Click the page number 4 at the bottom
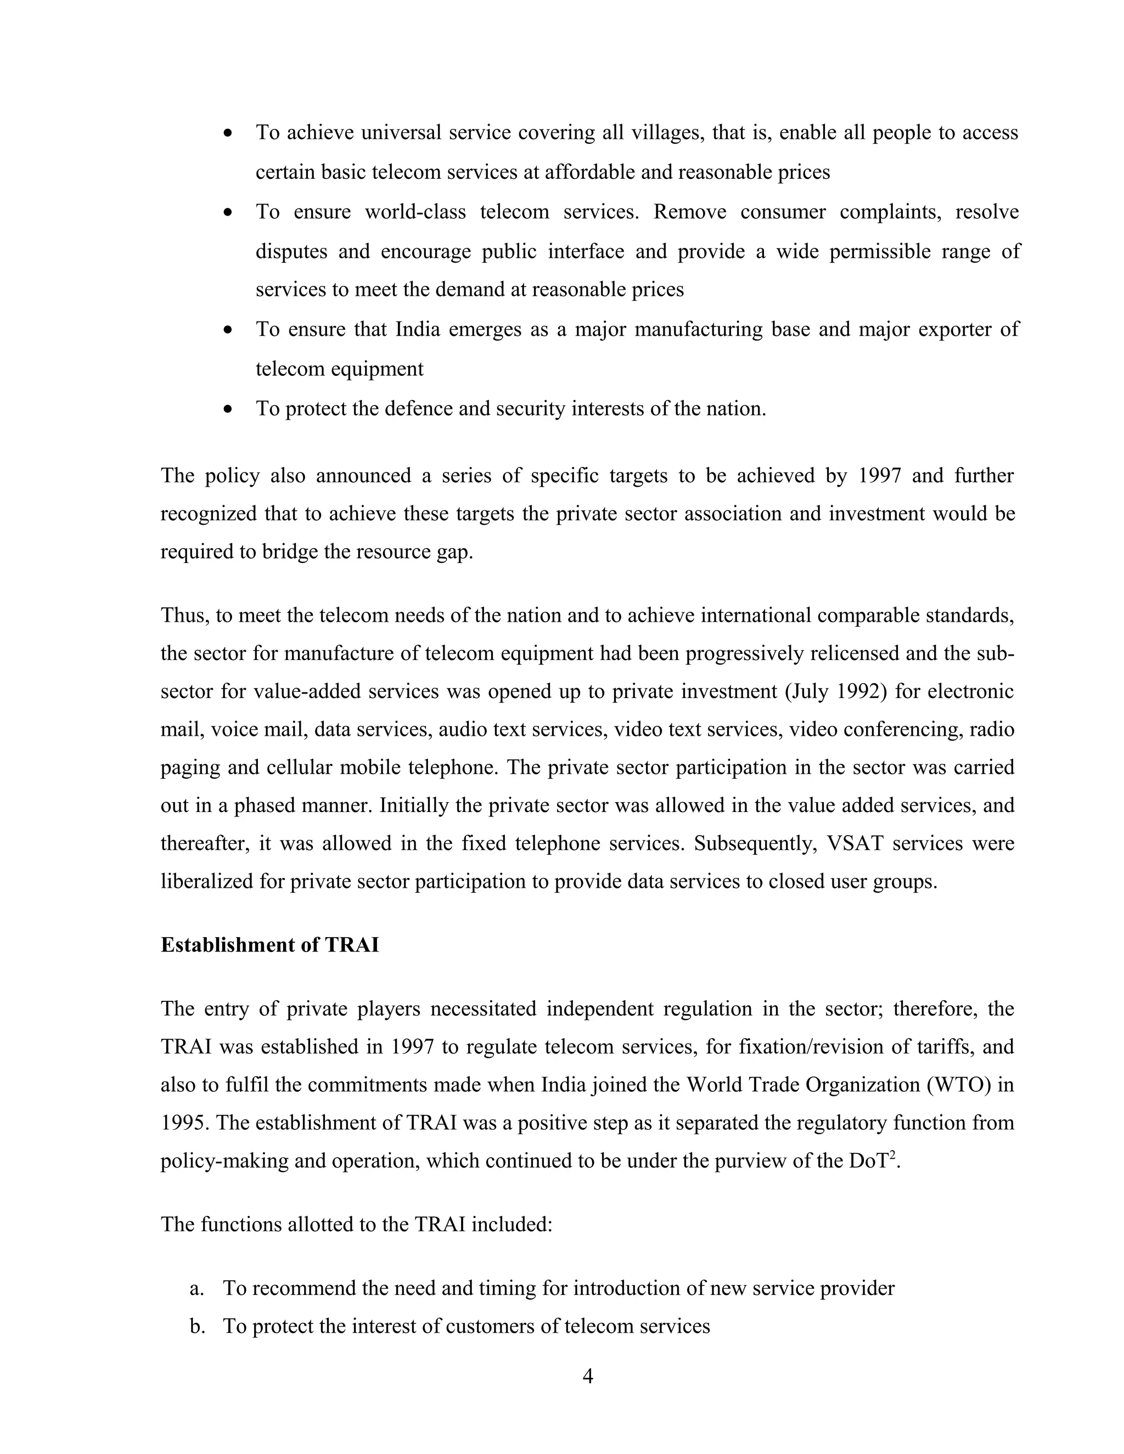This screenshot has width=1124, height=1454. [x=588, y=1376]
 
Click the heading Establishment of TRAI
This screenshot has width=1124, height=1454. [x=269, y=945]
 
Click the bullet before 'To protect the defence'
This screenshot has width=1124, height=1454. [x=228, y=409]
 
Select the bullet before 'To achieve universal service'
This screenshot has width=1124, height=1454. [x=228, y=133]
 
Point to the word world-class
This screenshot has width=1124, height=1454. [x=417, y=212]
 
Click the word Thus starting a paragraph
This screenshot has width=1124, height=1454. [x=184, y=615]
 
